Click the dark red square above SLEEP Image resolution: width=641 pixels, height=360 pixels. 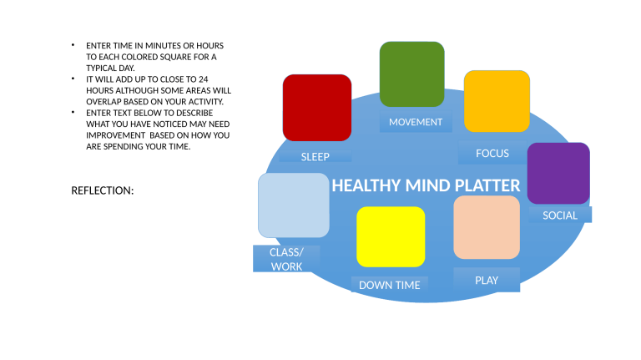[x=317, y=108]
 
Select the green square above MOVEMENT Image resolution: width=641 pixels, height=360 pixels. [x=411, y=74]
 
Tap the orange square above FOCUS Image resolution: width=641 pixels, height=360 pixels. [x=497, y=101]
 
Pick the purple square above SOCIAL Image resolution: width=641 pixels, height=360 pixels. [x=558, y=174]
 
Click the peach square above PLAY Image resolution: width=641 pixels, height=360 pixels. [x=487, y=227]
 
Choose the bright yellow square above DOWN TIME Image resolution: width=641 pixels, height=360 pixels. [x=391, y=236]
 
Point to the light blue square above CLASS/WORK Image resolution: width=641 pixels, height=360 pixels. [x=293, y=205]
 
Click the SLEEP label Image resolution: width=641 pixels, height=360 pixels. [x=315, y=156]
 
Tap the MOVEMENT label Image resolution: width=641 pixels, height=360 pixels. [x=416, y=122]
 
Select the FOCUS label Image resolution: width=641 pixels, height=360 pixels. [x=492, y=154]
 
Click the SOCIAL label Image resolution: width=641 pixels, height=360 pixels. [x=560, y=215]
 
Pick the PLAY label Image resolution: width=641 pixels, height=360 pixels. [x=487, y=281]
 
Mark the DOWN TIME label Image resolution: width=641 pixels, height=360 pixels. [x=390, y=286]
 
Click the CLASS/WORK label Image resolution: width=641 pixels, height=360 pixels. [x=286, y=259]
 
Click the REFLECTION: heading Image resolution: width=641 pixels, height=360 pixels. [x=103, y=191]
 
